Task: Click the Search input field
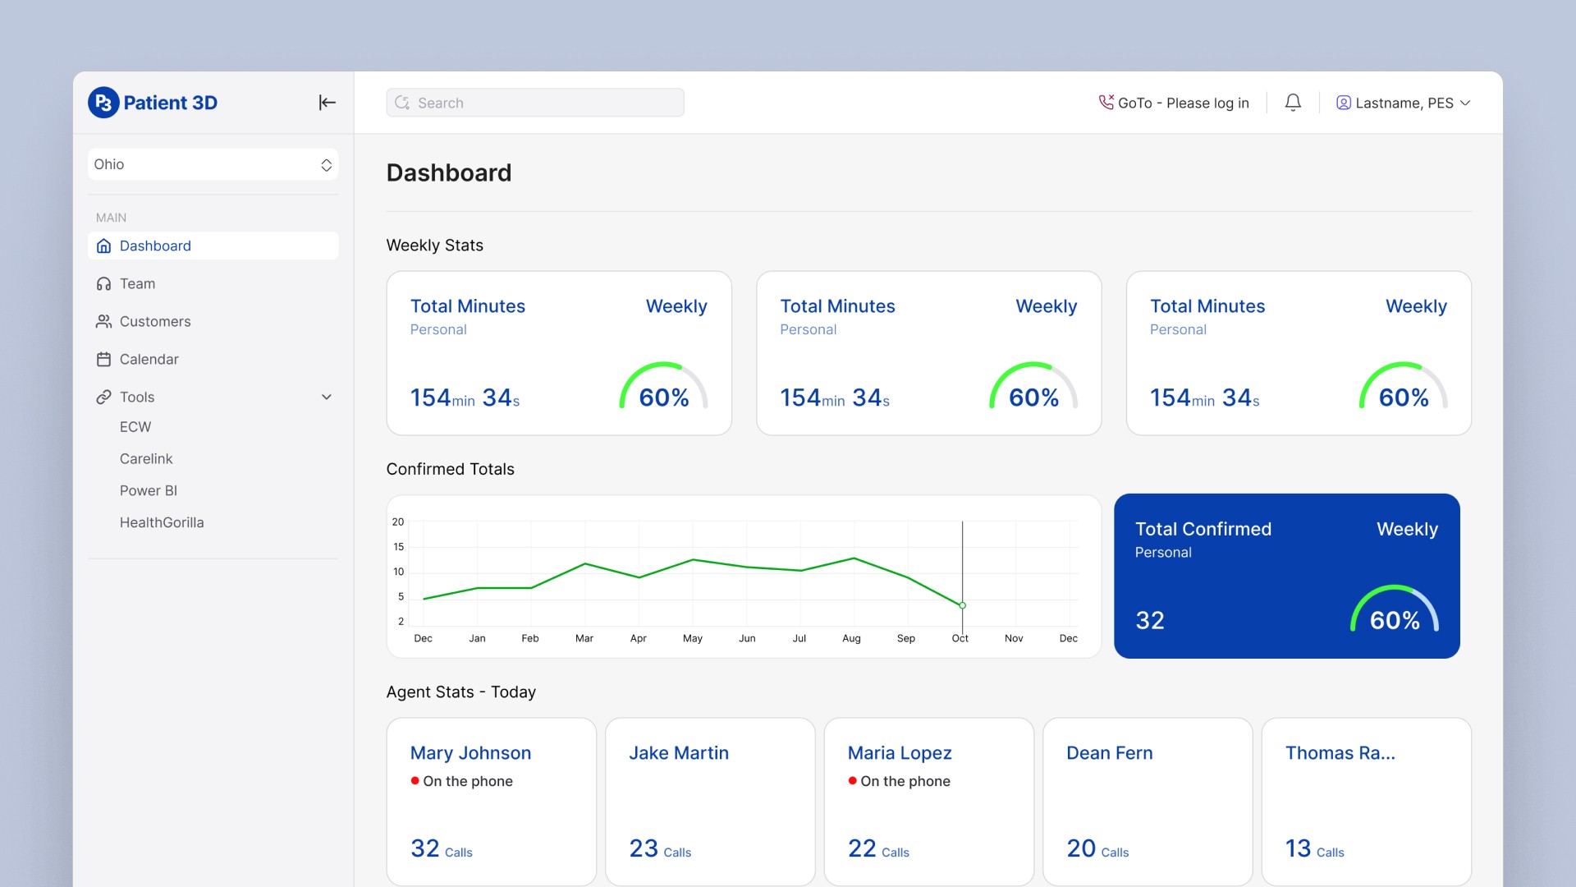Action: coord(534,103)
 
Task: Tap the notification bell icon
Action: coord(1293,103)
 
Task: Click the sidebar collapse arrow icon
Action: coord(327,103)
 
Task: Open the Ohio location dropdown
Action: coord(213,164)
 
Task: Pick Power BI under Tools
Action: coord(149,490)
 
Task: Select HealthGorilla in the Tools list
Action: coord(162,522)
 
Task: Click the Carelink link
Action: coord(146,458)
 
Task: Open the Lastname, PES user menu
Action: coord(1403,103)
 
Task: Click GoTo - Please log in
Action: coord(1174,103)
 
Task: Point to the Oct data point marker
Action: coord(962,605)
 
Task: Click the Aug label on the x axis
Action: coord(851,638)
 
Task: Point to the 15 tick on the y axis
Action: coord(398,547)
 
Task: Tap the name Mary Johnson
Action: coord(470,753)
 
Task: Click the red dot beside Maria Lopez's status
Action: coord(852,780)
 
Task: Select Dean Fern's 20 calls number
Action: coord(1081,848)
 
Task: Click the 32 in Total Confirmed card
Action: coord(1150,620)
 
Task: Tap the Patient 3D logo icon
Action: coord(103,103)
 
